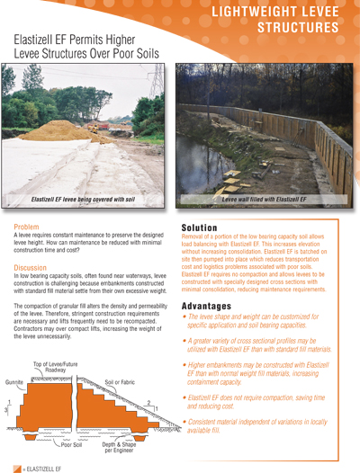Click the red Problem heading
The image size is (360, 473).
coord(27,227)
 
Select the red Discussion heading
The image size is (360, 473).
coord(31,267)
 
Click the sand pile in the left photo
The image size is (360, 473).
coord(54,131)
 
